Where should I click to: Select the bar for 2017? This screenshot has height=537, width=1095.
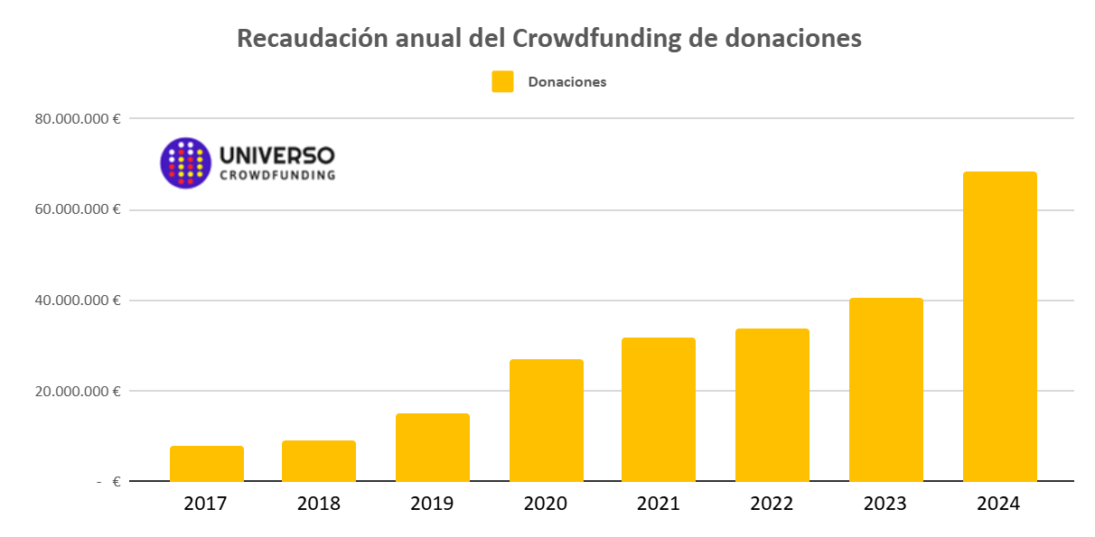click(206, 464)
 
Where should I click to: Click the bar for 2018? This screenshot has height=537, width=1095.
click(318, 461)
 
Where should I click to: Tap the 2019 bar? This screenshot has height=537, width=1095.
click(432, 448)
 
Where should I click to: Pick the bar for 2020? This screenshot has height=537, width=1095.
click(546, 421)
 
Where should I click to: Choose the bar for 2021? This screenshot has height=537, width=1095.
click(658, 410)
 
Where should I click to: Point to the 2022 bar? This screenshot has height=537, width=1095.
click(772, 405)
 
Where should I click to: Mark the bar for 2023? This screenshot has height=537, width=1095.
click(885, 390)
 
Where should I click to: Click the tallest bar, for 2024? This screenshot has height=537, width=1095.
click(999, 327)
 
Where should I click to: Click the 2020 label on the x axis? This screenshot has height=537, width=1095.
click(546, 504)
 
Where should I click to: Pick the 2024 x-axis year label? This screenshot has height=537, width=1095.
click(998, 504)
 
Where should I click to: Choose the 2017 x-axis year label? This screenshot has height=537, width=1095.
click(206, 504)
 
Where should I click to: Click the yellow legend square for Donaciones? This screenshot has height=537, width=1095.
click(502, 81)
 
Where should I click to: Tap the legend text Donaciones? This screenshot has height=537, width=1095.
click(566, 82)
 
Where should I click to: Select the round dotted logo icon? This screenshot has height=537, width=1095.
click(185, 162)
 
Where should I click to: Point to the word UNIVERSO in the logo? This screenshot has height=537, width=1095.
click(276, 154)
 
